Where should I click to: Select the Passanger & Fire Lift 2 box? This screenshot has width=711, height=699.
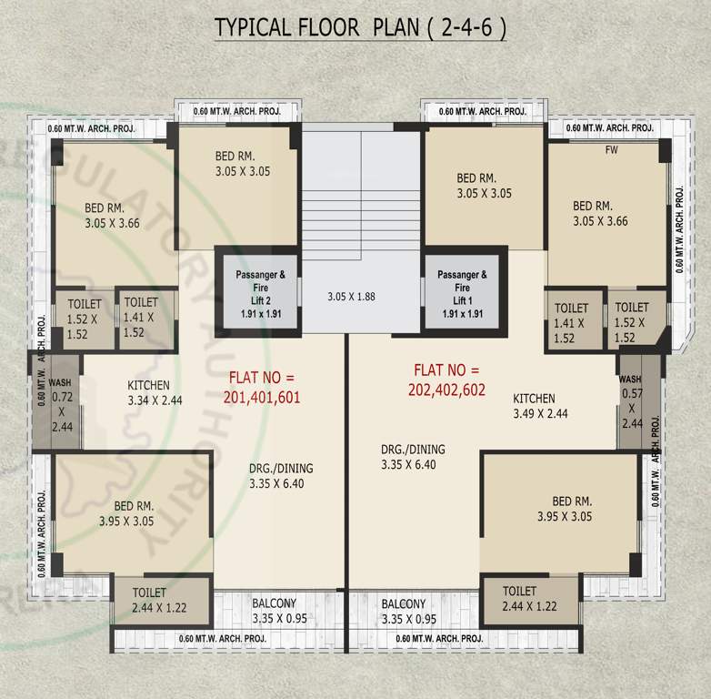tap(255, 292)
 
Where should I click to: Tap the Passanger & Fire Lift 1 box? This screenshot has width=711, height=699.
tap(462, 292)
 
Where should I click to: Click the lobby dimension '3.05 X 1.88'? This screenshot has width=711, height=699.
tap(351, 296)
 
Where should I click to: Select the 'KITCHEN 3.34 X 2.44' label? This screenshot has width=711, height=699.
tap(155, 392)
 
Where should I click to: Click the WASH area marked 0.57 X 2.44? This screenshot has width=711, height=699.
tap(631, 401)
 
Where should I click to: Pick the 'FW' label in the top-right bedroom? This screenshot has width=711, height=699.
tap(610, 151)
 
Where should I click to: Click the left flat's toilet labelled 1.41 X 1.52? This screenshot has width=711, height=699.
tap(141, 317)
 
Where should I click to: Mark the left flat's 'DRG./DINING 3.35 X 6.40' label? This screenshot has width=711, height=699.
tap(281, 476)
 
